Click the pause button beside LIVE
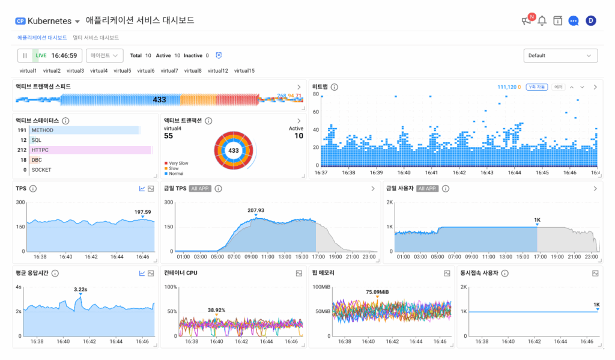(x=25, y=56)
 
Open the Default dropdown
(x=560, y=56)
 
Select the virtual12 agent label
(x=218, y=71)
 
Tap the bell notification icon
(x=542, y=21)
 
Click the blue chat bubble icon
(x=574, y=21)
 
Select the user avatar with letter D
(x=590, y=21)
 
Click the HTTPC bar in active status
(x=90, y=150)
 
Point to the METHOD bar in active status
(x=84, y=130)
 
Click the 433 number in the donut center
(x=234, y=150)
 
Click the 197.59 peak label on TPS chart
(x=142, y=212)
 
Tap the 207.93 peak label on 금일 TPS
(x=255, y=210)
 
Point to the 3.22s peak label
(x=80, y=290)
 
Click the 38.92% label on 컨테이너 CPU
(x=216, y=310)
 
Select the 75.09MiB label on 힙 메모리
(x=377, y=292)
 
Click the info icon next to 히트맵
(x=335, y=87)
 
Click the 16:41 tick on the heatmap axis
(x=432, y=172)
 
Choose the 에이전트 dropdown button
(x=105, y=56)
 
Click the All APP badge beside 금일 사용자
(x=427, y=189)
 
